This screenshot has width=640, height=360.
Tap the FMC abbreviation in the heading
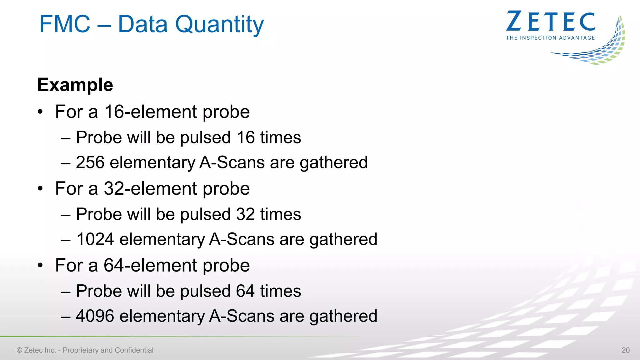tap(65, 24)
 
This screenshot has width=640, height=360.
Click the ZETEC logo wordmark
tap(551, 22)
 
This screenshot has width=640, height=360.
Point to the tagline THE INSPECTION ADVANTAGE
tap(550, 38)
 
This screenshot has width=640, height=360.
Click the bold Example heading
tap(75, 85)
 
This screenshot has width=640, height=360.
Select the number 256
tap(90, 162)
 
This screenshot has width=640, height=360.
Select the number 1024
tap(95, 239)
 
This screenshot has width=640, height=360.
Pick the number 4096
tap(95, 316)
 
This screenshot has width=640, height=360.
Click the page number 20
tap(625, 350)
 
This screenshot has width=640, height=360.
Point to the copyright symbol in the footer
tap(19, 350)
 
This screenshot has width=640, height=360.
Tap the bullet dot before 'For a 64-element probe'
tap(40, 266)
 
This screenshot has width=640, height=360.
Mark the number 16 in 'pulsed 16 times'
tap(245, 137)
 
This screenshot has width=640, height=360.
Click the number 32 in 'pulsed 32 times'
tap(245, 214)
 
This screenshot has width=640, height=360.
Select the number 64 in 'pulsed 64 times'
tap(245, 291)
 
